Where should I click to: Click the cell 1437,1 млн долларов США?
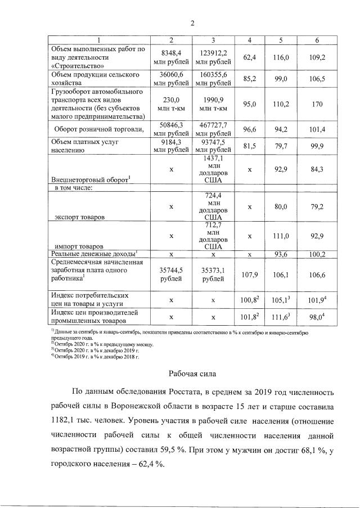pos(213,170)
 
